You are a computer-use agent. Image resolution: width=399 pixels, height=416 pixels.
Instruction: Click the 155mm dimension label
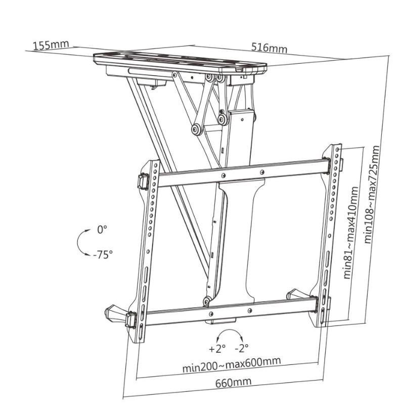(51, 44)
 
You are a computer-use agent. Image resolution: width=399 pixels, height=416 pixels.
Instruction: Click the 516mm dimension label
(269, 48)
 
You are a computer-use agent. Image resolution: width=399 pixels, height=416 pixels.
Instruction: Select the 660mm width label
(233, 382)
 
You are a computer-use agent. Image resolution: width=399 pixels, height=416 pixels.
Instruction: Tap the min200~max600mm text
(231, 364)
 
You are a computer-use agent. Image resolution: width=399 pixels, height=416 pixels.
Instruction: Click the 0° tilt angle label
(103, 230)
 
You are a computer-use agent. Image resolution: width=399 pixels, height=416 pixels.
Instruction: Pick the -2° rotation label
(241, 348)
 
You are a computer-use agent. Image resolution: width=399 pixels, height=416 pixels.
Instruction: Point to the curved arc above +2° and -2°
(229, 334)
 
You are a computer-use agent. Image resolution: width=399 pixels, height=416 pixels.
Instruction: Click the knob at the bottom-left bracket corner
(113, 312)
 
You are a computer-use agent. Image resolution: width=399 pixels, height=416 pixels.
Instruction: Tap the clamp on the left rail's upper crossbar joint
(143, 180)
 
